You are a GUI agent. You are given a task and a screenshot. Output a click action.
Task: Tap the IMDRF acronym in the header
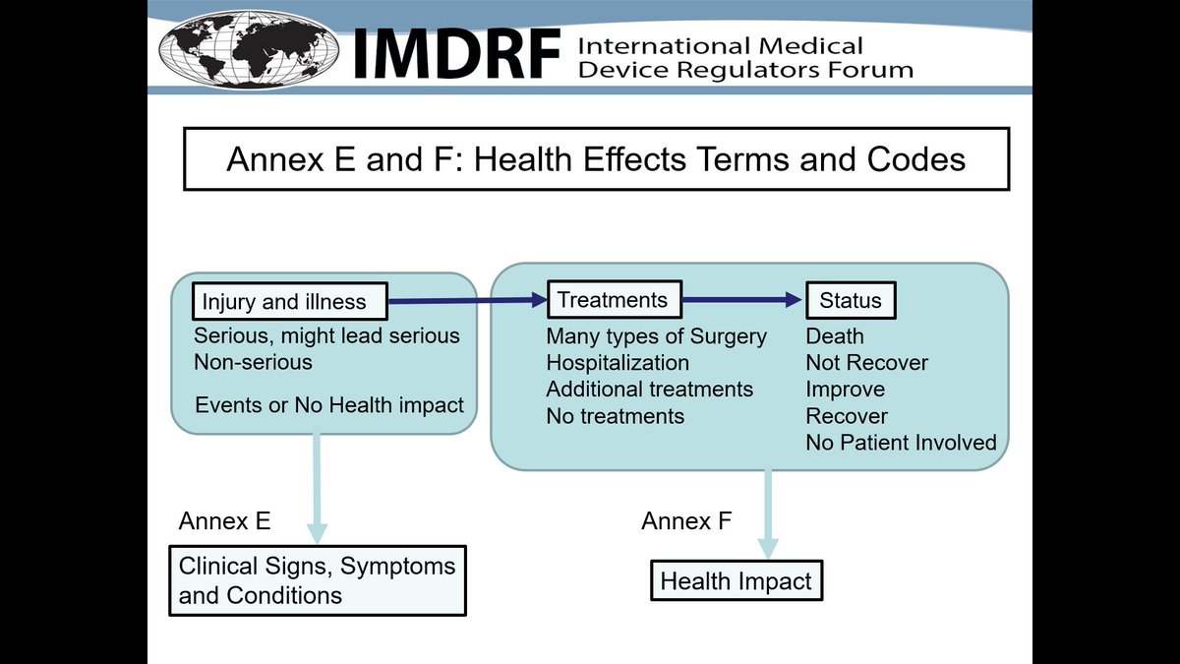click(x=455, y=54)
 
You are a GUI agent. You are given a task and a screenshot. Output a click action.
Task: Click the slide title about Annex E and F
click(x=596, y=158)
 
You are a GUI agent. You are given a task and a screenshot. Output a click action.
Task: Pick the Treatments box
click(x=613, y=300)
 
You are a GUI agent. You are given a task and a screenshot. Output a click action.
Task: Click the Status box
click(x=851, y=301)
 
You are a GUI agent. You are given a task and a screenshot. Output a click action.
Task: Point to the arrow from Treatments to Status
click(x=743, y=300)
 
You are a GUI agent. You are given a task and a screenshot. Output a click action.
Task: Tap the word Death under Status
click(x=835, y=336)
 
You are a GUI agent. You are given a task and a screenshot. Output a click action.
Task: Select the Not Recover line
click(x=866, y=363)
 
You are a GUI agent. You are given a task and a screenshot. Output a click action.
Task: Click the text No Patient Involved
click(x=901, y=443)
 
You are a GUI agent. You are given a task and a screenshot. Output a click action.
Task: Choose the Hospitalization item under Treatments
click(x=618, y=363)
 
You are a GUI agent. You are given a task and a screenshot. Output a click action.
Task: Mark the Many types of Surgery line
click(x=656, y=336)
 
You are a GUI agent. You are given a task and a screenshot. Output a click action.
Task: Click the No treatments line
click(x=615, y=416)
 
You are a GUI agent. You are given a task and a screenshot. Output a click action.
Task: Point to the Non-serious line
click(x=253, y=362)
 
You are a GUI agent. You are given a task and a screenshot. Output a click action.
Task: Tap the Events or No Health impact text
click(x=329, y=405)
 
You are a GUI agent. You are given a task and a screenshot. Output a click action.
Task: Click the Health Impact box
click(x=736, y=580)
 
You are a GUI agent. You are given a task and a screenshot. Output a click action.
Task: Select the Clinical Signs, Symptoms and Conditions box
click(x=317, y=580)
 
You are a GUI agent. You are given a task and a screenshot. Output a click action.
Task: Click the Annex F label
click(x=686, y=520)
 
